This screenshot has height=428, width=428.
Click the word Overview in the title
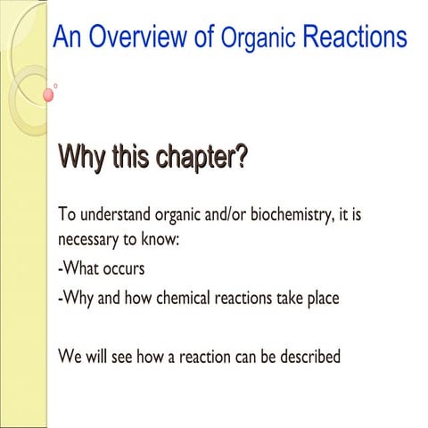click(133, 37)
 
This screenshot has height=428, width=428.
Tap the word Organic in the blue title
click(258, 39)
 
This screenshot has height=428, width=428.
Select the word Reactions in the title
click(354, 37)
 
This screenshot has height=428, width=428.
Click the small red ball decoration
click(48, 95)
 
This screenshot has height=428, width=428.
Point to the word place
click(320, 298)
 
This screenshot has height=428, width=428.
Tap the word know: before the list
click(165, 240)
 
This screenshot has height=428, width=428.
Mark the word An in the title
click(67, 37)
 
